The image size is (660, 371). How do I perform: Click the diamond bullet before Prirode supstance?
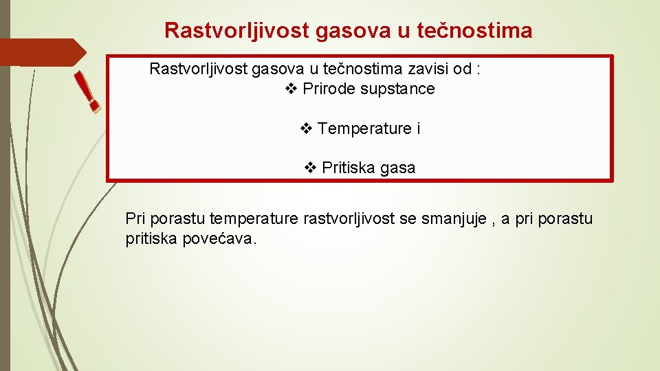[291, 89]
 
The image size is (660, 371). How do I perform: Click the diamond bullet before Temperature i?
[307, 128]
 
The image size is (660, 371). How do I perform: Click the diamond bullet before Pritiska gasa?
[310, 168]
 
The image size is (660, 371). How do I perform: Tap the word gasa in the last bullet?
[397, 168]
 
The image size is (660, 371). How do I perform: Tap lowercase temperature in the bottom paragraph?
[254, 218]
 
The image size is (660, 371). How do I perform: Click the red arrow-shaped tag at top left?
[41, 52]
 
